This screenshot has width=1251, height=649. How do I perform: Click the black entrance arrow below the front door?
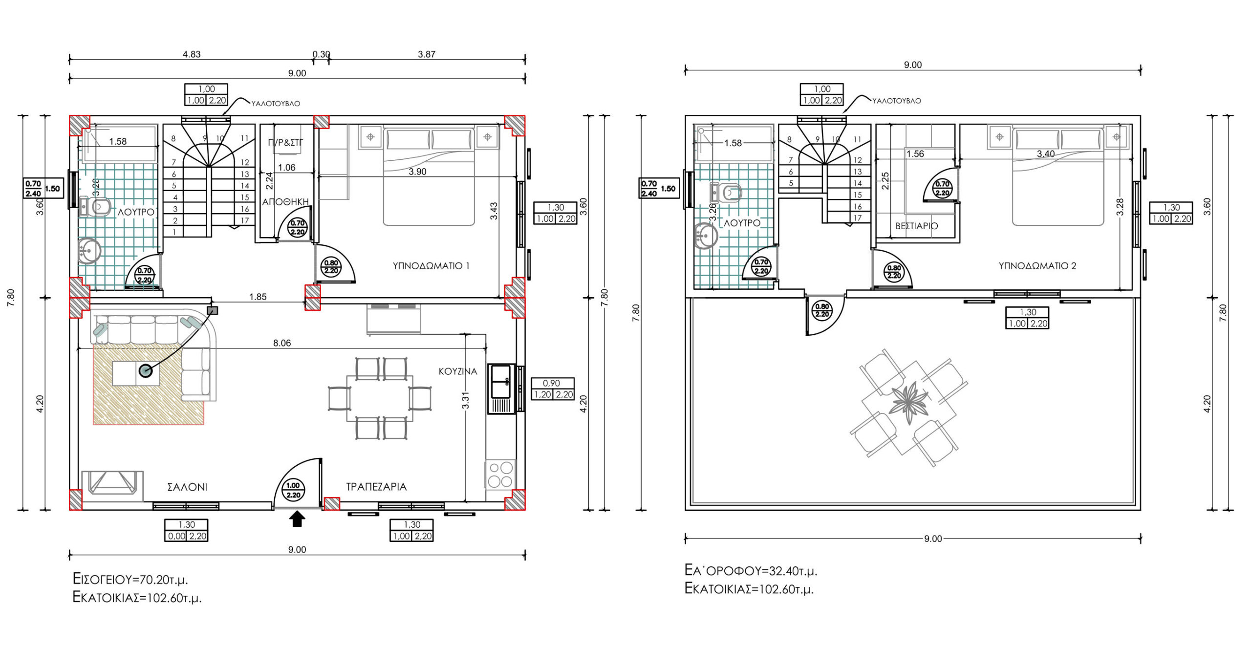(x=297, y=519)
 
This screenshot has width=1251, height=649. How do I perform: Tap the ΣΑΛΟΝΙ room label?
(x=187, y=487)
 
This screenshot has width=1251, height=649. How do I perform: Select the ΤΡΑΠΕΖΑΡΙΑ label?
(x=376, y=487)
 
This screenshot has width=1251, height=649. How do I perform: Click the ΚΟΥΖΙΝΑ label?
(x=458, y=371)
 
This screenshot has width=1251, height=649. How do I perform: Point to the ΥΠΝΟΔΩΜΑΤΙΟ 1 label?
(x=431, y=266)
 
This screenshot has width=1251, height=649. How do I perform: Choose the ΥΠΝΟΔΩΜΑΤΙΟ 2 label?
(x=1037, y=266)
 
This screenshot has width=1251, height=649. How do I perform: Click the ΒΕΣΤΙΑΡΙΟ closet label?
(x=917, y=226)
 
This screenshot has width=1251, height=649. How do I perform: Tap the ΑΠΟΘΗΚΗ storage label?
(x=285, y=202)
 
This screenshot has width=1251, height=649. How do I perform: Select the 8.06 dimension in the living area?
(x=282, y=343)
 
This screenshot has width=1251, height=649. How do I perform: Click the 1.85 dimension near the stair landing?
(x=258, y=297)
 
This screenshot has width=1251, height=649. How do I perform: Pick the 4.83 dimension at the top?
(x=192, y=54)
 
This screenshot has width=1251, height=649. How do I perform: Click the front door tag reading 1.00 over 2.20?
(x=293, y=490)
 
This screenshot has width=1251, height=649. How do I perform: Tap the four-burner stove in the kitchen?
(x=500, y=474)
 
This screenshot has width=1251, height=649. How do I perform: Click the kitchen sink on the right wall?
(x=501, y=389)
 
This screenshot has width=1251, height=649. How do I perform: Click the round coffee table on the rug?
(x=146, y=371)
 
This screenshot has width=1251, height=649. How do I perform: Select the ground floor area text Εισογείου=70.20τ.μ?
(x=130, y=579)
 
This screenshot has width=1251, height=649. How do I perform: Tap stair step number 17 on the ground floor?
(x=245, y=220)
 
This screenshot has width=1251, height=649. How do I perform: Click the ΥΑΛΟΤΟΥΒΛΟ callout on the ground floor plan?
(x=276, y=104)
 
